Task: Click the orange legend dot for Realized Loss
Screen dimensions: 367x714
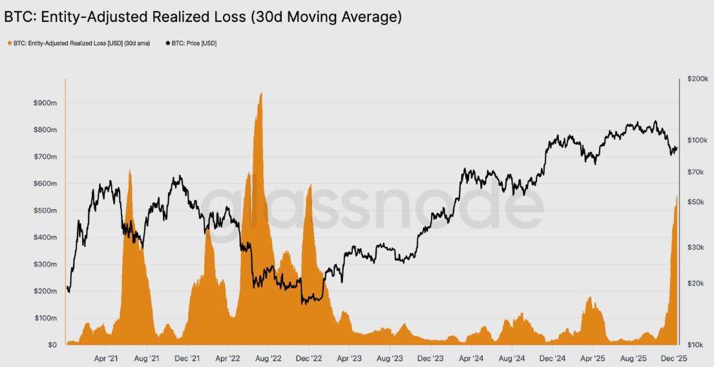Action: [10, 43]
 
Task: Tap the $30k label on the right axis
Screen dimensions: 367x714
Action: [698, 247]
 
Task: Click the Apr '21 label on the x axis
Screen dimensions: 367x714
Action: [105, 357]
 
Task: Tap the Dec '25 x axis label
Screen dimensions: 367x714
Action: [673, 357]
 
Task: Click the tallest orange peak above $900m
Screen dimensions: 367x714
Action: [260, 93]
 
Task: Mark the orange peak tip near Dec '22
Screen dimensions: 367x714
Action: [311, 185]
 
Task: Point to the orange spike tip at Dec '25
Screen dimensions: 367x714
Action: [677, 196]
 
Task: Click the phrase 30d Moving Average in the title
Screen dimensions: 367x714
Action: [326, 17]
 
